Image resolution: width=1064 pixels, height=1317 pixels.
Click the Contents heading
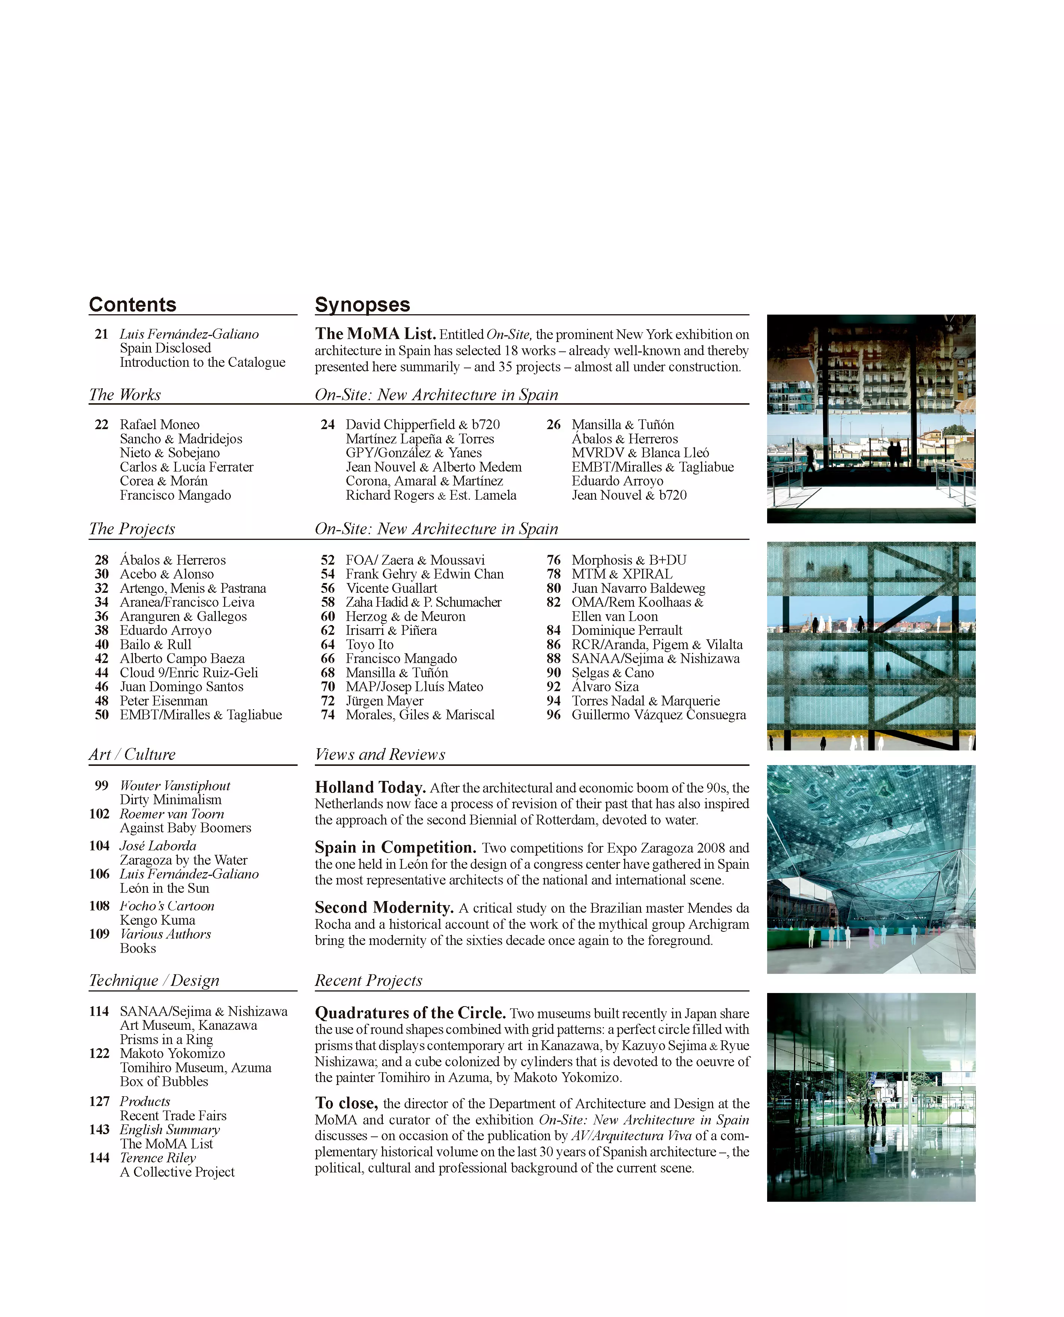tap(132, 305)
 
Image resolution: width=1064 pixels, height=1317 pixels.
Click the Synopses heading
tap(362, 305)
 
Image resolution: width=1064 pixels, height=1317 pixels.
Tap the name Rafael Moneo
tap(160, 424)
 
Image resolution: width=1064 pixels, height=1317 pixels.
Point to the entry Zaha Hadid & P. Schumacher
tap(423, 602)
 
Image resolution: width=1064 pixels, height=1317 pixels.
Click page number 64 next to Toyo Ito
tap(328, 644)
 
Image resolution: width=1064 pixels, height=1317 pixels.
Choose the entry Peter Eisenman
tap(164, 701)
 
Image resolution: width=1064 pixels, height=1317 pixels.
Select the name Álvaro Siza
tap(605, 687)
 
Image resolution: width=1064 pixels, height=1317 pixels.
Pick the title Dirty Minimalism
tap(170, 800)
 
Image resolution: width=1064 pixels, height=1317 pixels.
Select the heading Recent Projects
tap(368, 980)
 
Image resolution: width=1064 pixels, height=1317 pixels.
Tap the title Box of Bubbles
tap(164, 1082)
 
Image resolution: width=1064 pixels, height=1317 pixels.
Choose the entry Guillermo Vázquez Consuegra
tap(659, 715)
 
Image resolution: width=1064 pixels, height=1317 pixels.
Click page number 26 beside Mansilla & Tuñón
tap(554, 424)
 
